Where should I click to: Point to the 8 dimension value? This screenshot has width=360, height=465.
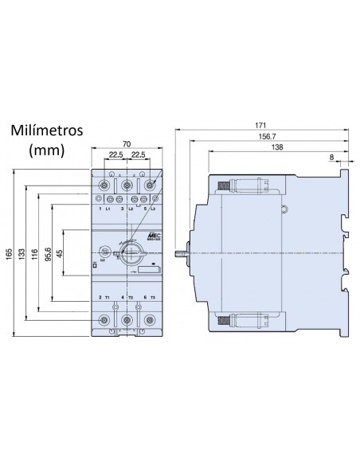pyautogui.click(x=331, y=158)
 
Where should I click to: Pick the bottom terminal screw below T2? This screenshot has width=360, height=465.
pyautogui.click(x=126, y=320)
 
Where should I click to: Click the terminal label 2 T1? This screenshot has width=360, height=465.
pyautogui.click(x=103, y=296)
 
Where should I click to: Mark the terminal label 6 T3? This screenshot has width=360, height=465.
pyautogui.click(x=148, y=296)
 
